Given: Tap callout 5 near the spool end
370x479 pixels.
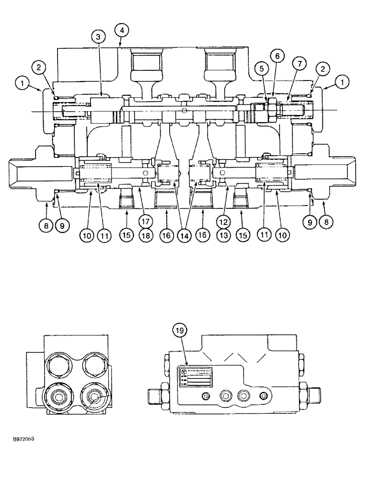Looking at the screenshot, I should point(260,68).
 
